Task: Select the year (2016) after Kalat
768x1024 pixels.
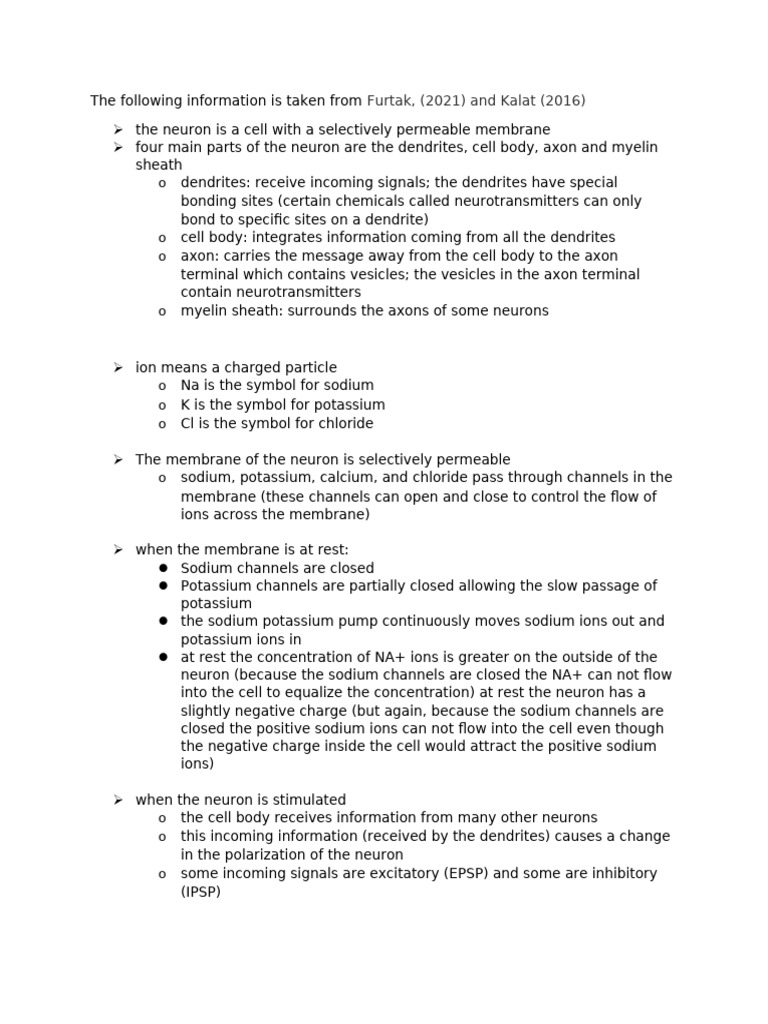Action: pyautogui.click(x=563, y=100)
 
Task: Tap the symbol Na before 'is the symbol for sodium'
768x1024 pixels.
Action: pyautogui.click(x=190, y=385)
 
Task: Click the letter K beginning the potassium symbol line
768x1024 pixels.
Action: pyautogui.click(x=185, y=405)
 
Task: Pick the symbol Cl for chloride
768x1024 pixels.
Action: pyautogui.click(x=187, y=423)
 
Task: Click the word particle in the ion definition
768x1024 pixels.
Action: pyautogui.click(x=308, y=367)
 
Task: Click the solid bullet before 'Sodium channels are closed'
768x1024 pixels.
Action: pyautogui.click(x=162, y=568)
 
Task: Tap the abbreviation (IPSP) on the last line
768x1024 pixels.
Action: pyautogui.click(x=200, y=891)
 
